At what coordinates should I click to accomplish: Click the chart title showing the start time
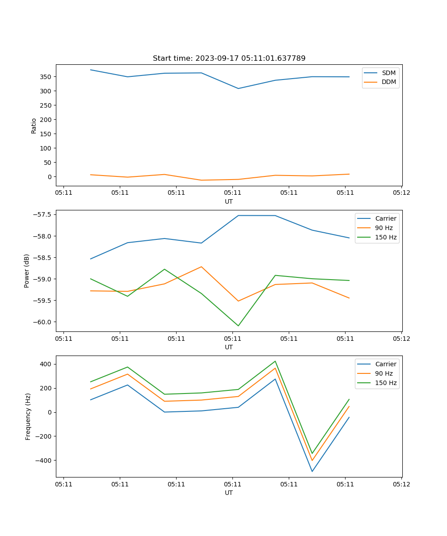point(229,59)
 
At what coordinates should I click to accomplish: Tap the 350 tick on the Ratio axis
point(46,77)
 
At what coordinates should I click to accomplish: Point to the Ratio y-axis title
point(34,126)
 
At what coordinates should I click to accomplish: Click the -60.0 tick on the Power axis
point(43,322)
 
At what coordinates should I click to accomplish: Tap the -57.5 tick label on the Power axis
point(43,214)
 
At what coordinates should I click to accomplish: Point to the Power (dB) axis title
point(27,271)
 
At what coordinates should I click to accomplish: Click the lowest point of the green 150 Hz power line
point(238,326)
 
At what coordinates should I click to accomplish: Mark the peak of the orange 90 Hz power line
point(201,267)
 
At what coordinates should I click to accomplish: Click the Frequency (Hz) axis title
point(28,416)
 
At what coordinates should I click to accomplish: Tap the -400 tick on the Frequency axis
point(44,461)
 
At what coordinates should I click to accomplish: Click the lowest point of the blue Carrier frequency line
point(312,471)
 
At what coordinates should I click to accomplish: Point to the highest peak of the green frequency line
point(275,361)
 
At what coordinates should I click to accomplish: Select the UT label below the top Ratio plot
point(229,201)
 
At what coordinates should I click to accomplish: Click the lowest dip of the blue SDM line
point(238,88)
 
